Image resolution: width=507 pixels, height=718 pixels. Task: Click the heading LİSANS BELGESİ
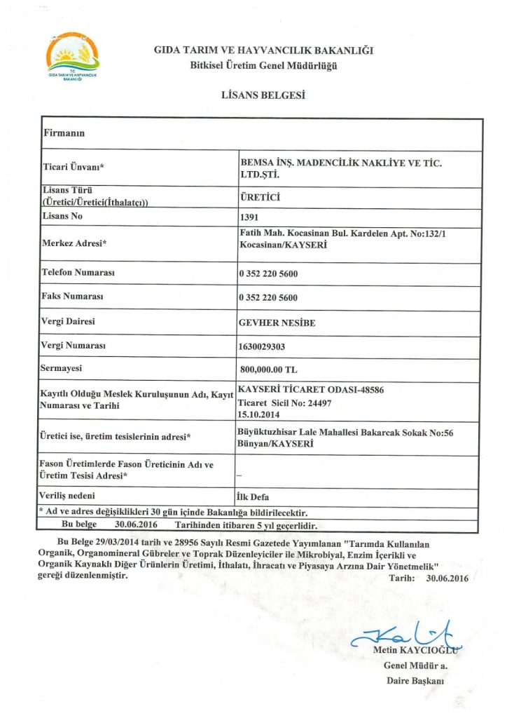[x=263, y=95]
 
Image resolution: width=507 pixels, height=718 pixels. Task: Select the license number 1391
[x=249, y=217]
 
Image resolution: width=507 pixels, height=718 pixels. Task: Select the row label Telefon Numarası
[x=78, y=272]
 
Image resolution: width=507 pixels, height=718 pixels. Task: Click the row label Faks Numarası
[x=73, y=297]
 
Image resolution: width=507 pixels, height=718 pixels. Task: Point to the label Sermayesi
[x=64, y=368]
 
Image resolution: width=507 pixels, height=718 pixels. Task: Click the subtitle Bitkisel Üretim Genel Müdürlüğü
[x=264, y=66]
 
